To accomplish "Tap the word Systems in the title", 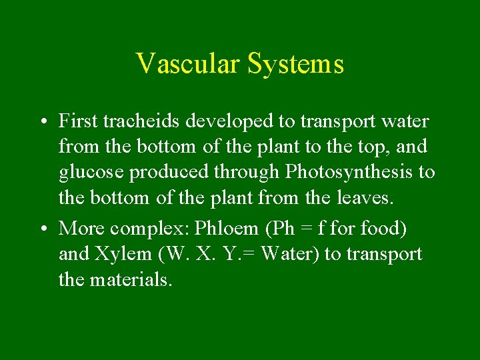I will point(295,64).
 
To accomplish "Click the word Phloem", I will point(227,228).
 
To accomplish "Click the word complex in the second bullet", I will point(149,229).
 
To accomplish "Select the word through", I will point(247,172).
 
